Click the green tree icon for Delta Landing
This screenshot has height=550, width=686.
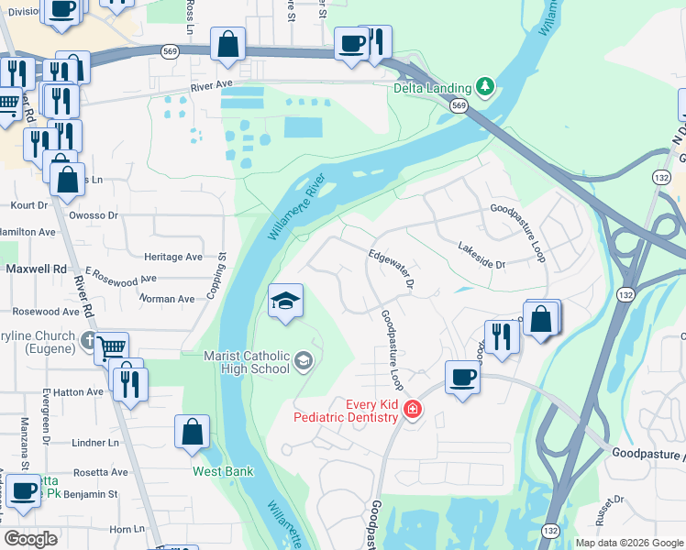pos(486,88)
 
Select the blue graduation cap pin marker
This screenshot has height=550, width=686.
pos(285,302)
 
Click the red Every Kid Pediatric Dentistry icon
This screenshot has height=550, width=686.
pos(412,410)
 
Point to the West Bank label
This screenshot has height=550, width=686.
pos(223,471)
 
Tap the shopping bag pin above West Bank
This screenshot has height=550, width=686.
pos(193,434)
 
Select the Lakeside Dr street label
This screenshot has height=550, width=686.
pos(481,256)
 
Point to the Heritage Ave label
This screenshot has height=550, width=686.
pos(173,258)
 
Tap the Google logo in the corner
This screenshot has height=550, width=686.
pos(31,538)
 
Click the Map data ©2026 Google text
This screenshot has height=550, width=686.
pos(628,543)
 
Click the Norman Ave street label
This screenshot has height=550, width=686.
pos(167,299)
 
